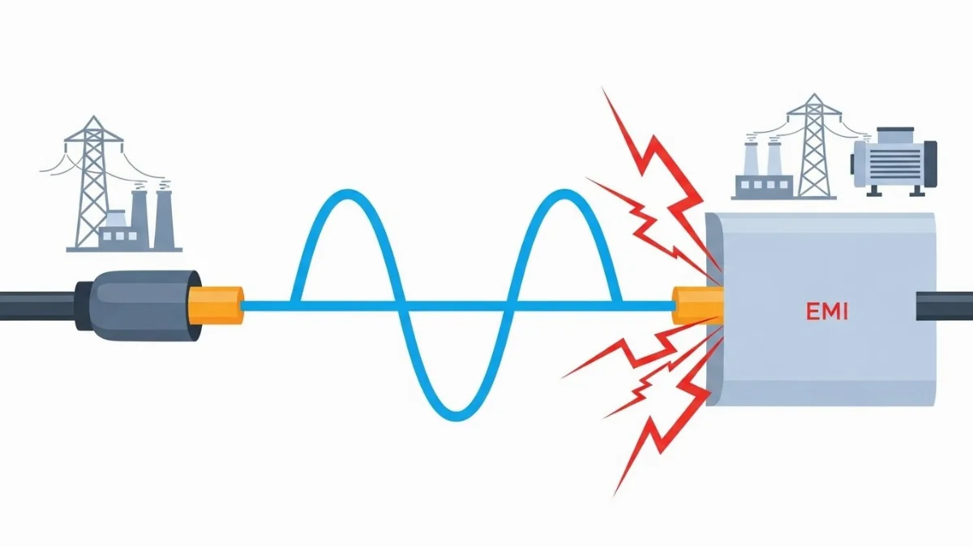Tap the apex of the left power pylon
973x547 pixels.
click(95, 118)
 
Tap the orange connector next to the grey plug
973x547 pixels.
click(216, 305)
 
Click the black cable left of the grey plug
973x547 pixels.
click(36, 305)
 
